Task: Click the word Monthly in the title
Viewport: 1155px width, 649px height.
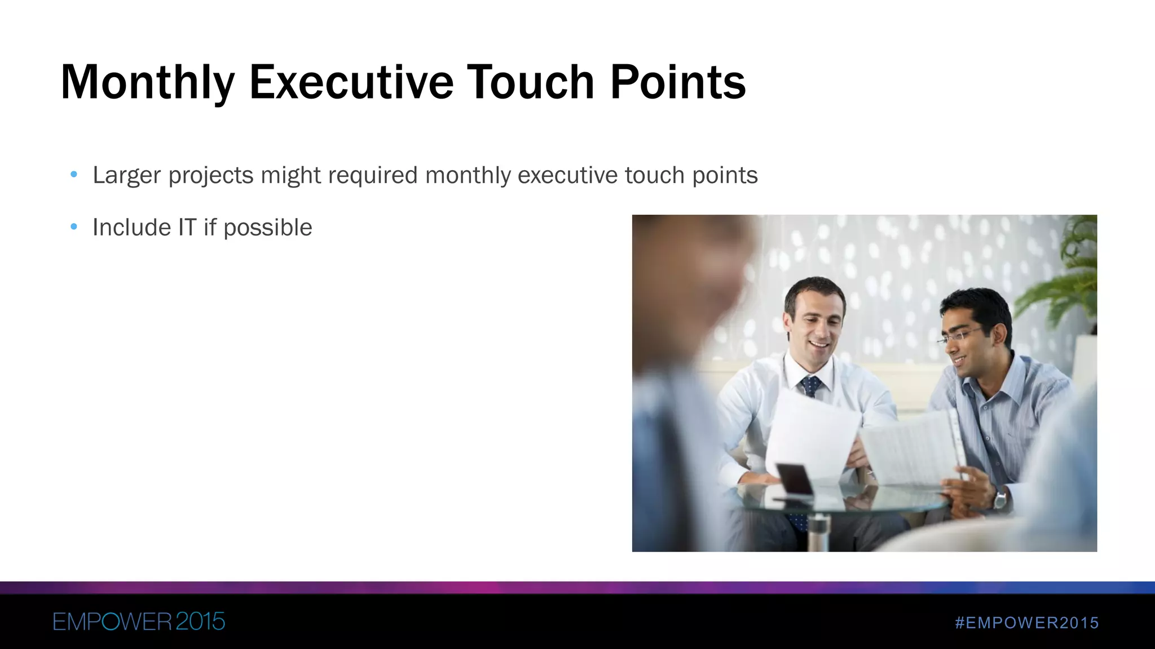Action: (x=147, y=83)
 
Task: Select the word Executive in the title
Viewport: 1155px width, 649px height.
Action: (x=351, y=82)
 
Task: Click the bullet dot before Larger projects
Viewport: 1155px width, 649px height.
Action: (x=74, y=175)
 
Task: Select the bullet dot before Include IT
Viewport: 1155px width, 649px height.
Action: (x=74, y=228)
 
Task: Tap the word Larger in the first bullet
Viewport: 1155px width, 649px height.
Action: (x=126, y=175)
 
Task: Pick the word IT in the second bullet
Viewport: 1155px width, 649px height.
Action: (x=187, y=228)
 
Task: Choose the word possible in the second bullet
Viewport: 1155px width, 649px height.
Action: (x=268, y=228)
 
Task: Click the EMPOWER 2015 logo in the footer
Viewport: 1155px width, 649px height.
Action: (x=139, y=621)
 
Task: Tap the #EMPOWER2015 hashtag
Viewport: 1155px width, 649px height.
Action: (x=1027, y=623)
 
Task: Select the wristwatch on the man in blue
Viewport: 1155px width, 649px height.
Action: (x=1000, y=499)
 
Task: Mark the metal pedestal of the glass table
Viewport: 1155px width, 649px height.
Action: (x=818, y=532)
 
